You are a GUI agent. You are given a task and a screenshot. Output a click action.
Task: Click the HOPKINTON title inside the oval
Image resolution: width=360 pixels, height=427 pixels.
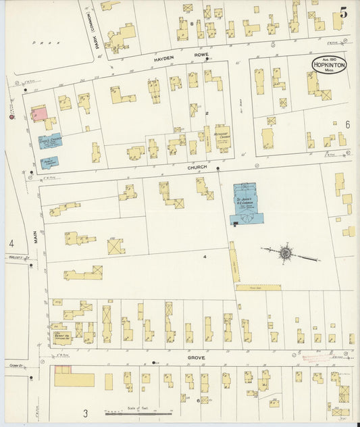pyautogui.click(x=330, y=66)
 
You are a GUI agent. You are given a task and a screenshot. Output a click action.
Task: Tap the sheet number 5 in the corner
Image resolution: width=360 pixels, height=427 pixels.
pyautogui.click(x=344, y=11)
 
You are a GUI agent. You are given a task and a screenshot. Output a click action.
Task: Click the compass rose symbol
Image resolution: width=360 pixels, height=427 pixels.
pyautogui.click(x=286, y=253)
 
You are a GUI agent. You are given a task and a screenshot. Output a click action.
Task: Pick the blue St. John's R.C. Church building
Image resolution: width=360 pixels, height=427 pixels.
pyautogui.click(x=247, y=203)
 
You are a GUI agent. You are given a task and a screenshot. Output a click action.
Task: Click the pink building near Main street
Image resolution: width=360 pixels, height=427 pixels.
pyautogui.click(x=40, y=115)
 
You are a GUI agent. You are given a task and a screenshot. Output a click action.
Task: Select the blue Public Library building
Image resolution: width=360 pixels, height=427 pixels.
pyautogui.click(x=49, y=162)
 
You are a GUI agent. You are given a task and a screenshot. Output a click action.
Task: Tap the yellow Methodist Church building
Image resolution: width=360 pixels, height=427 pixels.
pyautogui.click(x=223, y=138)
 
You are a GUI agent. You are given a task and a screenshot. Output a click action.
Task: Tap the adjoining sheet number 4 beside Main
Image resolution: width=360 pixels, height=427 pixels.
pyautogui.click(x=11, y=243)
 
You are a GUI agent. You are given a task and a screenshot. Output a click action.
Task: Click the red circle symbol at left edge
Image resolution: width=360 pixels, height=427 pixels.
pyautogui.click(x=11, y=117)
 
